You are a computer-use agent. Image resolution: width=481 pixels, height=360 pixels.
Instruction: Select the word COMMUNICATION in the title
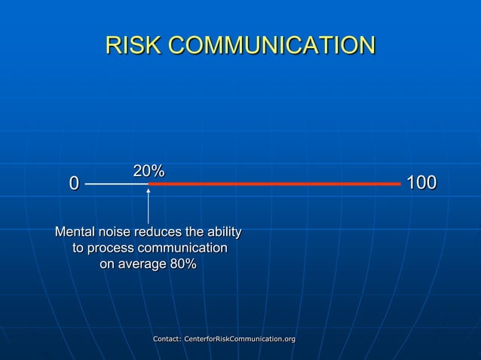pos(271,45)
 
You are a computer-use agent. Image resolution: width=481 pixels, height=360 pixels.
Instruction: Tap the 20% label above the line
pos(149,172)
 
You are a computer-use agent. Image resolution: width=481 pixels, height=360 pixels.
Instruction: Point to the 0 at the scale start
pos(74,184)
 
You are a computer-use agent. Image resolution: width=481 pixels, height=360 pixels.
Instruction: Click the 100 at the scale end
pos(421,184)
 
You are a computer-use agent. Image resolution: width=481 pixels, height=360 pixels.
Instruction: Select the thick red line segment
pos(274,184)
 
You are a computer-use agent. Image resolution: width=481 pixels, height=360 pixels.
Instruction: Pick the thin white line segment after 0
pos(117,184)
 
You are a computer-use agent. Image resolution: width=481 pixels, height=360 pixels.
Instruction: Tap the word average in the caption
pos(146,264)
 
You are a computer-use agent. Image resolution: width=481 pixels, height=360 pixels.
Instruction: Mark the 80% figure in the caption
pos(183,264)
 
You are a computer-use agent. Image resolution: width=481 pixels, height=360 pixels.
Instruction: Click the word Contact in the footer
pos(170,340)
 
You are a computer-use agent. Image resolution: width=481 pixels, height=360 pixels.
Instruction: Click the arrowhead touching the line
pos(149,190)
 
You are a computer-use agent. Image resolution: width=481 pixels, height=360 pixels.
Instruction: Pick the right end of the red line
pos(399,184)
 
